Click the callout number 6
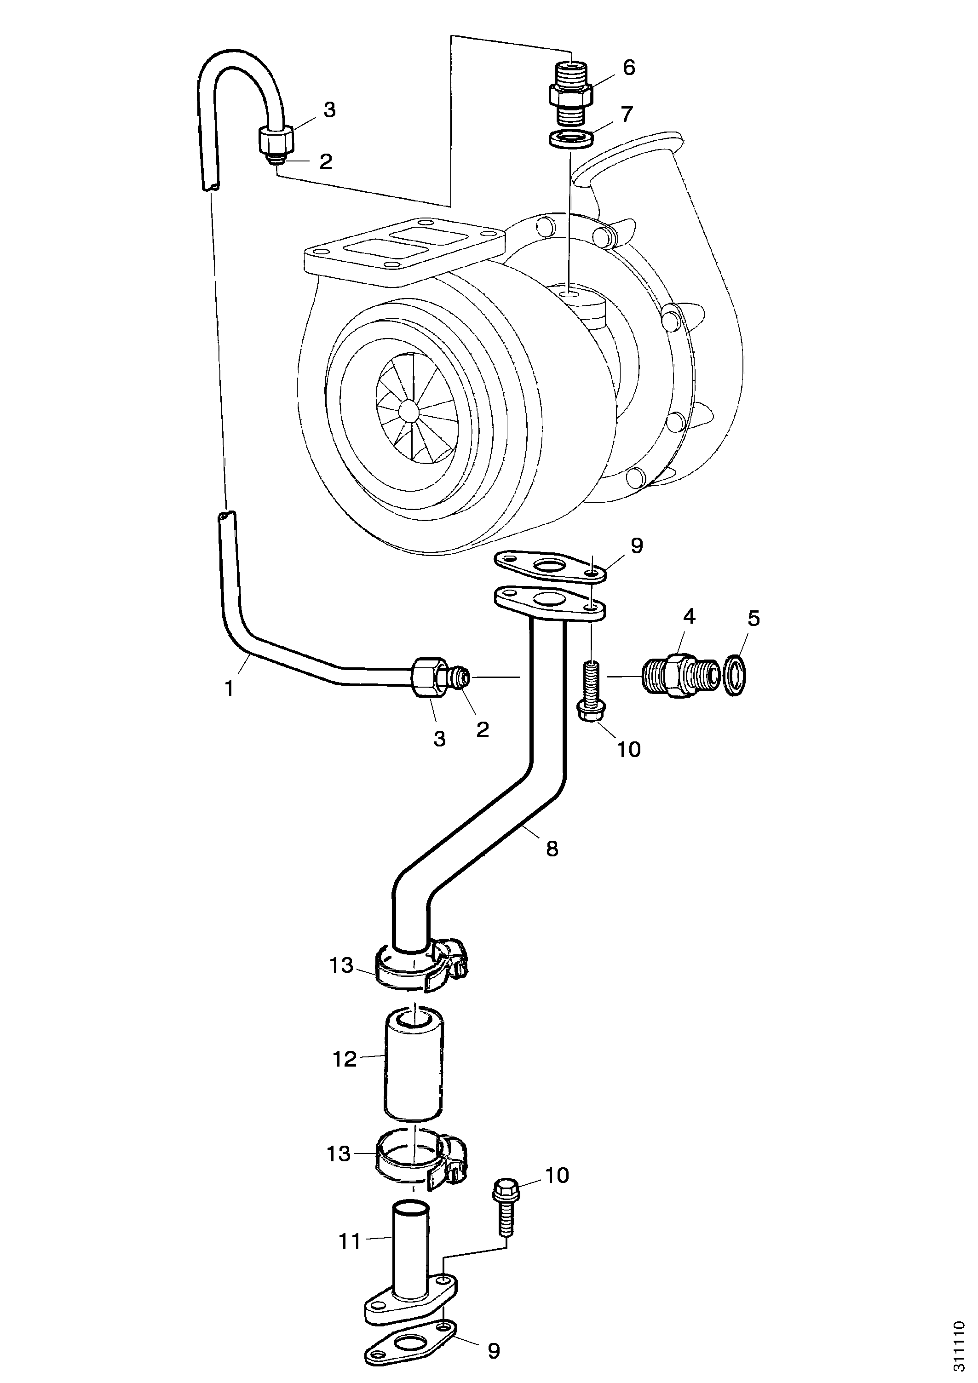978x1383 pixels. click(x=628, y=68)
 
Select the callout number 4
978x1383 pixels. click(x=689, y=616)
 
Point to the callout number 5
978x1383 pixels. click(x=754, y=618)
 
